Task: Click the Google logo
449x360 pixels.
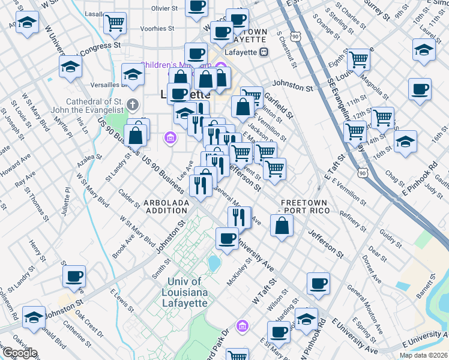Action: click(19, 353)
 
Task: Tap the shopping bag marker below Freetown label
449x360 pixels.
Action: click(282, 226)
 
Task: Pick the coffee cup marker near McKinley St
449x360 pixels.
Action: click(227, 238)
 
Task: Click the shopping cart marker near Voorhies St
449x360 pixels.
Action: click(115, 23)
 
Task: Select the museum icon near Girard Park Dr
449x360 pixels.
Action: click(242, 326)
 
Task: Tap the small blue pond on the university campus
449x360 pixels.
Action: click(213, 263)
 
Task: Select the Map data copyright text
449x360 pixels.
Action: click(423, 355)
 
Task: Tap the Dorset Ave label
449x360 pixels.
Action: click(370, 269)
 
